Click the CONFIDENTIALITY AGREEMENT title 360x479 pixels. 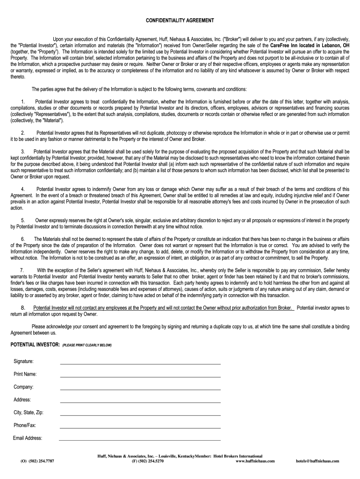coord(180,21)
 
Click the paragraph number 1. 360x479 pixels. coord(22,102)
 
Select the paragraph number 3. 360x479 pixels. coord(22,152)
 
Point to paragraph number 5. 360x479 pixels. coord(22,220)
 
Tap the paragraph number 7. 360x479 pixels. coord(22,270)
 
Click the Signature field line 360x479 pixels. coord(140,363)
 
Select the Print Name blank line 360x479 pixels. coord(140,377)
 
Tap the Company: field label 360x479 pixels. coord(23,387)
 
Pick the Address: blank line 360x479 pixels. coord(140,402)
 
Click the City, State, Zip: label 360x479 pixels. coord(29,413)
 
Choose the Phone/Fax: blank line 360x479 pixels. coord(140,428)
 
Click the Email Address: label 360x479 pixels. coord(28,438)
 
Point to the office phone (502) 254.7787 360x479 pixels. coord(37,461)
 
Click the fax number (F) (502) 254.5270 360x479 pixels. coord(148,461)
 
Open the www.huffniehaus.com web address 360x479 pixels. coord(255,461)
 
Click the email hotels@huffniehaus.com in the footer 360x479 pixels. coord(317,461)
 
